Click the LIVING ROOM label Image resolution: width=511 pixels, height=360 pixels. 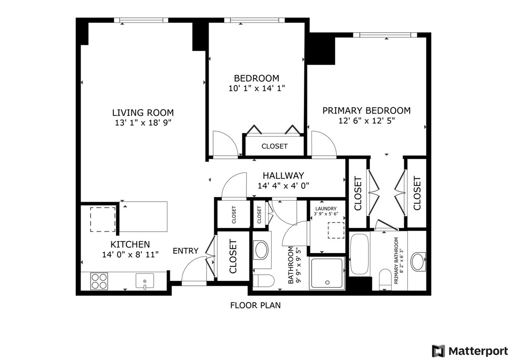point(143,113)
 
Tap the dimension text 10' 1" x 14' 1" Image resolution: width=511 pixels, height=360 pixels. point(256,88)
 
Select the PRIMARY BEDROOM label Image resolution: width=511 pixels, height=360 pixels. point(366,110)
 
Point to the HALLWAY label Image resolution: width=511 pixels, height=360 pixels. point(283,175)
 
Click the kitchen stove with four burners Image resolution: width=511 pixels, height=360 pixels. point(99,281)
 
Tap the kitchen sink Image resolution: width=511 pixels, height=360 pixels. point(144,281)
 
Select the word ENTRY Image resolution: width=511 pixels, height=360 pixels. point(185,251)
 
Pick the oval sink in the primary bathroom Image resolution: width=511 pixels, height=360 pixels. point(418,262)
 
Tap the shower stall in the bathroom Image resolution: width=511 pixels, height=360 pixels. point(327,273)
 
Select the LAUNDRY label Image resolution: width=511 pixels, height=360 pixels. point(326,209)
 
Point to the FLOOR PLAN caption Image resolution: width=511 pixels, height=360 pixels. point(255,305)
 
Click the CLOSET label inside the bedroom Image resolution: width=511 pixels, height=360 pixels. point(274,146)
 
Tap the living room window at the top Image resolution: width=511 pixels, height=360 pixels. point(141,20)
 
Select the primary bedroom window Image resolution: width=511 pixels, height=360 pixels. point(385,35)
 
